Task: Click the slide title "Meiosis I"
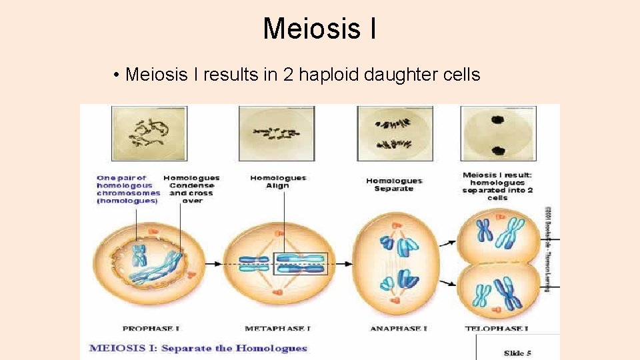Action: coord(319,29)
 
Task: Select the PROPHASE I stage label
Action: coord(151,329)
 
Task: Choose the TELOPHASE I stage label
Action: coord(497,329)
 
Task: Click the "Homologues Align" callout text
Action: coord(278,181)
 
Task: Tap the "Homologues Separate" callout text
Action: coord(394,185)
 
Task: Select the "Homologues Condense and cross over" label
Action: coord(191,189)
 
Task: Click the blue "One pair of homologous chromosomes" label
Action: coord(128,189)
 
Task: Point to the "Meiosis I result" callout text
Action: coord(497,187)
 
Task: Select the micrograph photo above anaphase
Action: coord(395,133)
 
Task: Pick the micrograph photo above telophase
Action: coord(498,133)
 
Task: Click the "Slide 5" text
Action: coord(517,352)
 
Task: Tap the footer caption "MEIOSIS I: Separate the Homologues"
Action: coord(198,348)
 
